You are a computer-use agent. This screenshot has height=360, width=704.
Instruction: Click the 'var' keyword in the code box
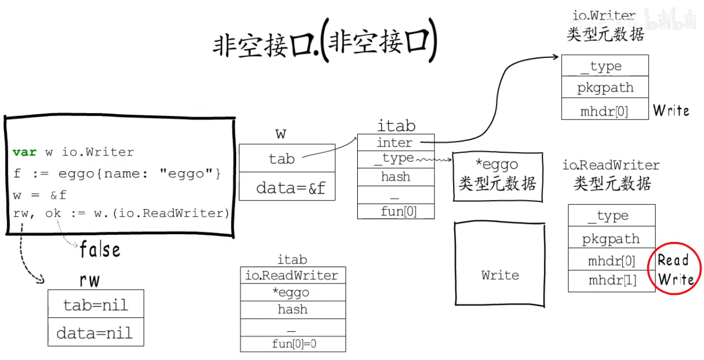25,152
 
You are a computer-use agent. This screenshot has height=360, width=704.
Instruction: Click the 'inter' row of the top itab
395,142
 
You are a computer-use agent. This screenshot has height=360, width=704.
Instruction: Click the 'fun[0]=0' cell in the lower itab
293,344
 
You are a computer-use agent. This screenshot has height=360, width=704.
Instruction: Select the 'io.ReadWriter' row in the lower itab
293,275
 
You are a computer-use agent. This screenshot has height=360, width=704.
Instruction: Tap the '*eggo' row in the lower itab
293,292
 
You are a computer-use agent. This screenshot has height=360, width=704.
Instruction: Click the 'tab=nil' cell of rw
95,304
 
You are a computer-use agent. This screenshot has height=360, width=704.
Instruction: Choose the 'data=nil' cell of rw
95,332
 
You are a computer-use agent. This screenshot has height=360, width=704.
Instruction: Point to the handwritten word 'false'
100,250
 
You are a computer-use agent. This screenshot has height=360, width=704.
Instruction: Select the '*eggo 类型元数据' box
497,176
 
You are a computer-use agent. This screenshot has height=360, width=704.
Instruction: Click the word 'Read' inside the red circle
673,260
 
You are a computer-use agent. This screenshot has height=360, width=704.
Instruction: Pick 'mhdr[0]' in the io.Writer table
604,111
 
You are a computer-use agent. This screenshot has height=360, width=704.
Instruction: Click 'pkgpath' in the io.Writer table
604,88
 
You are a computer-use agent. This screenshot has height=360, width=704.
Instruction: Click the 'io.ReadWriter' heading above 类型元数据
611,165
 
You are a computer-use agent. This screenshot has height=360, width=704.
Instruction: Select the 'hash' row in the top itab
395,177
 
